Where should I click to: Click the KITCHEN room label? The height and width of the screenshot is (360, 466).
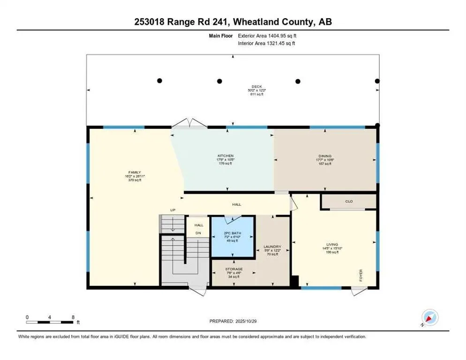[x=225, y=156]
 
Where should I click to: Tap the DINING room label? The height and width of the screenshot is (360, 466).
[x=325, y=156]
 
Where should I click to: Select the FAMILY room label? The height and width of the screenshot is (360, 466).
[x=135, y=172]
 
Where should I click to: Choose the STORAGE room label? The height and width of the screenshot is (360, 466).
[x=233, y=269]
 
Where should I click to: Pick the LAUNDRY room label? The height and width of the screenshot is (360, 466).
[x=272, y=247]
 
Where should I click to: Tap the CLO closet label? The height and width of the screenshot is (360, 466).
[x=348, y=202]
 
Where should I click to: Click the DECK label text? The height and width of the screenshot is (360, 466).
[x=256, y=86]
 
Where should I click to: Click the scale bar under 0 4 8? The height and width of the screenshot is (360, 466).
[x=50, y=322]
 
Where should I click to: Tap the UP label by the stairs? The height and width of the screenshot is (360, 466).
[x=173, y=210]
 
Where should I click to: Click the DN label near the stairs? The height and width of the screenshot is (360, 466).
[x=198, y=233]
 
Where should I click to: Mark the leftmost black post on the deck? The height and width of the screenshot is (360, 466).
[x=159, y=81]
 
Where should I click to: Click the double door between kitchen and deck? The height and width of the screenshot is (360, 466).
[x=189, y=123]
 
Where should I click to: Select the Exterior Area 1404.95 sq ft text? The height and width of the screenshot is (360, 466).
[x=267, y=35]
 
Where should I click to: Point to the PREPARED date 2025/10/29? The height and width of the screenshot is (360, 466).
[x=233, y=321]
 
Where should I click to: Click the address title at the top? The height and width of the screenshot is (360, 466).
[x=233, y=22]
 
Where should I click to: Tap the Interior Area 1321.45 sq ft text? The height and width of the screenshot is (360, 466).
[x=267, y=43]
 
